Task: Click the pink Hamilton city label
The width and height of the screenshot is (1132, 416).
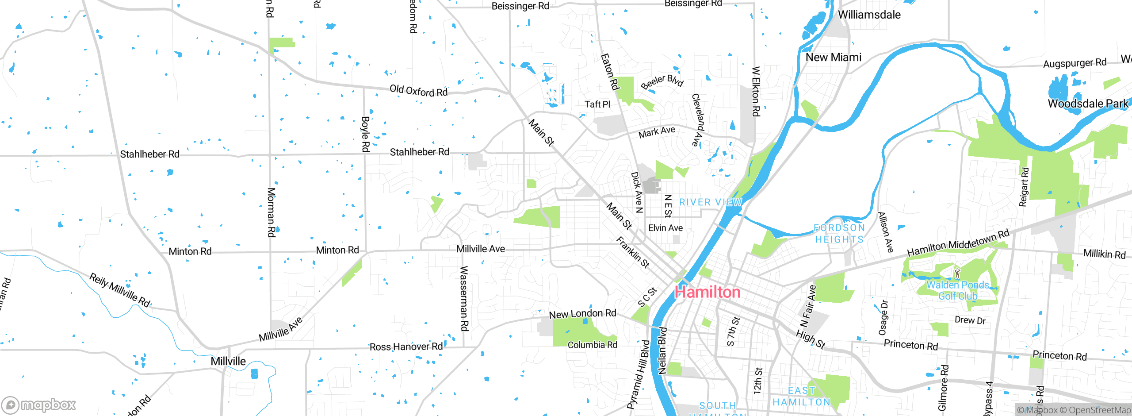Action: (x=707, y=292)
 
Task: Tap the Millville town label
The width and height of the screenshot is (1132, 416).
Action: (x=228, y=361)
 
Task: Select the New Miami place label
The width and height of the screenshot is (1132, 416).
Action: (x=833, y=58)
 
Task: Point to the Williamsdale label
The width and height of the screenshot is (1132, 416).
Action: (x=869, y=15)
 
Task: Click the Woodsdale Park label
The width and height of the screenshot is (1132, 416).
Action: (x=1088, y=104)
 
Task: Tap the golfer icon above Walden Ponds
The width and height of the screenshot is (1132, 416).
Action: (x=957, y=273)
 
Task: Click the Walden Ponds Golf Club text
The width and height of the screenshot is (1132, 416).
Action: (x=958, y=290)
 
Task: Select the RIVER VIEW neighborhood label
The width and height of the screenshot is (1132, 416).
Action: (x=710, y=202)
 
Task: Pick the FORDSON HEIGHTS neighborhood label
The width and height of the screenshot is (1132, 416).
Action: (x=839, y=233)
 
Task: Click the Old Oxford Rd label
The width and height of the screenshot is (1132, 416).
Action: (x=418, y=91)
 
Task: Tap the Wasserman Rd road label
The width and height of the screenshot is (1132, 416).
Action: (x=464, y=298)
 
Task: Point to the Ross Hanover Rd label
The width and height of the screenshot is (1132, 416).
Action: (x=406, y=347)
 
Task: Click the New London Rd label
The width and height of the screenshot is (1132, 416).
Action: (x=582, y=314)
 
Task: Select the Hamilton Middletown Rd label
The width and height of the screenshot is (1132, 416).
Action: (x=958, y=243)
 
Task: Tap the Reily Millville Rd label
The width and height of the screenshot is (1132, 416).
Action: (x=120, y=290)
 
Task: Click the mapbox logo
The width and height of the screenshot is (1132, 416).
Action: (x=39, y=404)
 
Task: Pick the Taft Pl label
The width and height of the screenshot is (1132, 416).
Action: (x=597, y=104)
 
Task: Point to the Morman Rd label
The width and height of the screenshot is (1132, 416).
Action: (x=271, y=212)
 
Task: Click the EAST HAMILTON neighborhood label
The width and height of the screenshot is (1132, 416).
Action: (x=801, y=396)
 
